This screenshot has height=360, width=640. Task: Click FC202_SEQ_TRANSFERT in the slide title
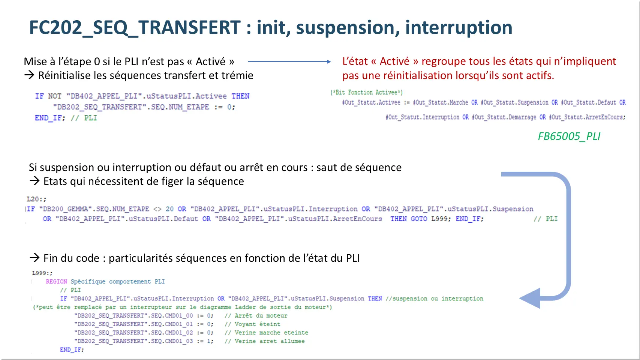click(x=135, y=28)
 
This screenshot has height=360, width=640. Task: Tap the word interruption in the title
click(x=459, y=28)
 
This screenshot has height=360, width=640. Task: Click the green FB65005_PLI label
click(x=569, y=136)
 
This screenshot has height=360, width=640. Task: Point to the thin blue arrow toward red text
click(x=289, y=61)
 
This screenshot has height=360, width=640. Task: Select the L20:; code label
click(x=36, y=199)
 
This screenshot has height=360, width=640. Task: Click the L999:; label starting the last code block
click(x=42, y=273)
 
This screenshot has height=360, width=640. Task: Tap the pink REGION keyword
click(x=56, y=281)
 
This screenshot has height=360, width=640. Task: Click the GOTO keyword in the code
click(x=419, y=219)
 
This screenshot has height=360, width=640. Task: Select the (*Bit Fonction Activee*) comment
click(x=367, y=92)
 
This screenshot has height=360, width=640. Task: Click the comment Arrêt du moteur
click(x=256, y=316)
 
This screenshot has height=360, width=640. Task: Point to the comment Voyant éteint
click(x=252, y=324)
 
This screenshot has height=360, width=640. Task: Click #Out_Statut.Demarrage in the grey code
click(x=504, y=117)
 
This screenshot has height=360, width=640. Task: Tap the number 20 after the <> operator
click(x=170, y=209)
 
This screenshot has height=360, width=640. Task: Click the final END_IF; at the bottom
click(x=72, y=350)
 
